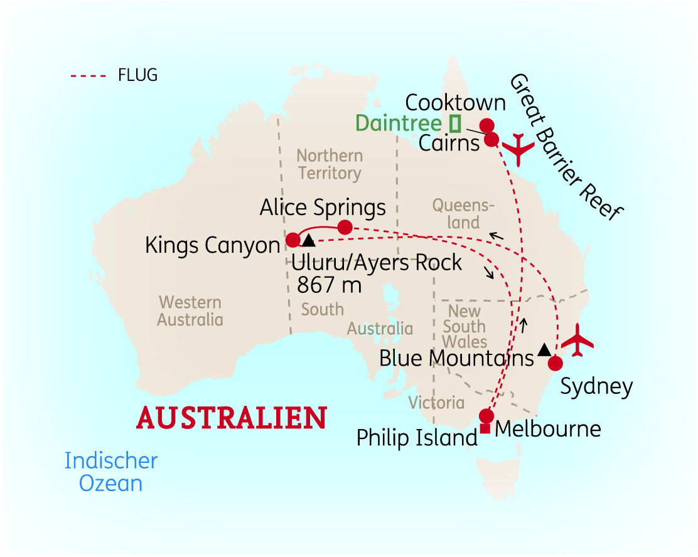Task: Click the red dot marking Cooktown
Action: pos(486,125)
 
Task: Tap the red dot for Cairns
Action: pos(492,139)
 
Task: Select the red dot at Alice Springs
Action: pos(345,227)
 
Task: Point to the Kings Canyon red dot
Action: pos(293,240)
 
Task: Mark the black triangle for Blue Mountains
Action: pos(544,349)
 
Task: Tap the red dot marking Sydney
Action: pos(555,363)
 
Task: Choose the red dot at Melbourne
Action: pos(486,416)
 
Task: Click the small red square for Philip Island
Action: pos(485,429)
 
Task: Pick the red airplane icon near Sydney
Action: pos(577,342)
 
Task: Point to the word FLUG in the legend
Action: pos(137,76)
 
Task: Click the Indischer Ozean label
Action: pos(110,472)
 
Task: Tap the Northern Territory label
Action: pos(330,164)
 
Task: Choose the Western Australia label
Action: pos(190,311)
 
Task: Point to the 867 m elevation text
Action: pos(329,285)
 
